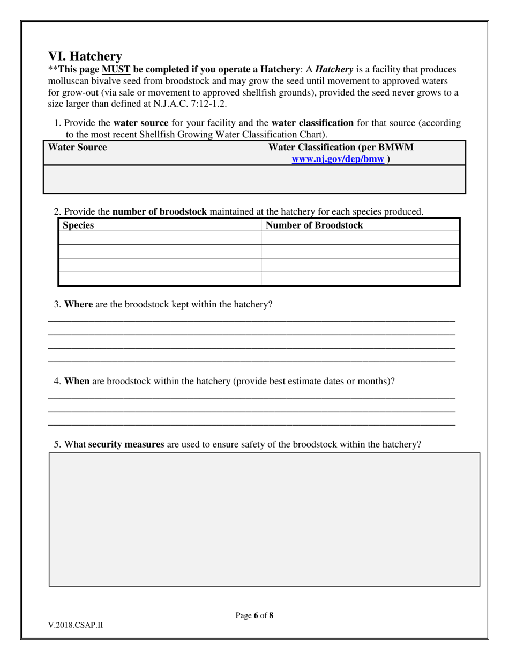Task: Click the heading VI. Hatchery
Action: (85, 56)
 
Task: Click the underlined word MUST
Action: (116, 70)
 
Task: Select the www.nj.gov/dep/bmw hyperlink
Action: (338, 159)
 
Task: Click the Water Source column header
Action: (77, 148)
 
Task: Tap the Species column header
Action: (78, 225)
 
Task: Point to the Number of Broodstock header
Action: (314, 225)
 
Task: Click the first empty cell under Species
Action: (160, 238)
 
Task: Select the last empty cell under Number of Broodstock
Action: (360, 278)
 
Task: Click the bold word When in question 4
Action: (77, 382)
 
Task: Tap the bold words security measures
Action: (126, 445)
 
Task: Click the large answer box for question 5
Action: (264, 519)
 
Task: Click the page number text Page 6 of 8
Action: (254, 615)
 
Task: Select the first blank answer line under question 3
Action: (251, 320)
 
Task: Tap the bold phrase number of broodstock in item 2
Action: (160, 212)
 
